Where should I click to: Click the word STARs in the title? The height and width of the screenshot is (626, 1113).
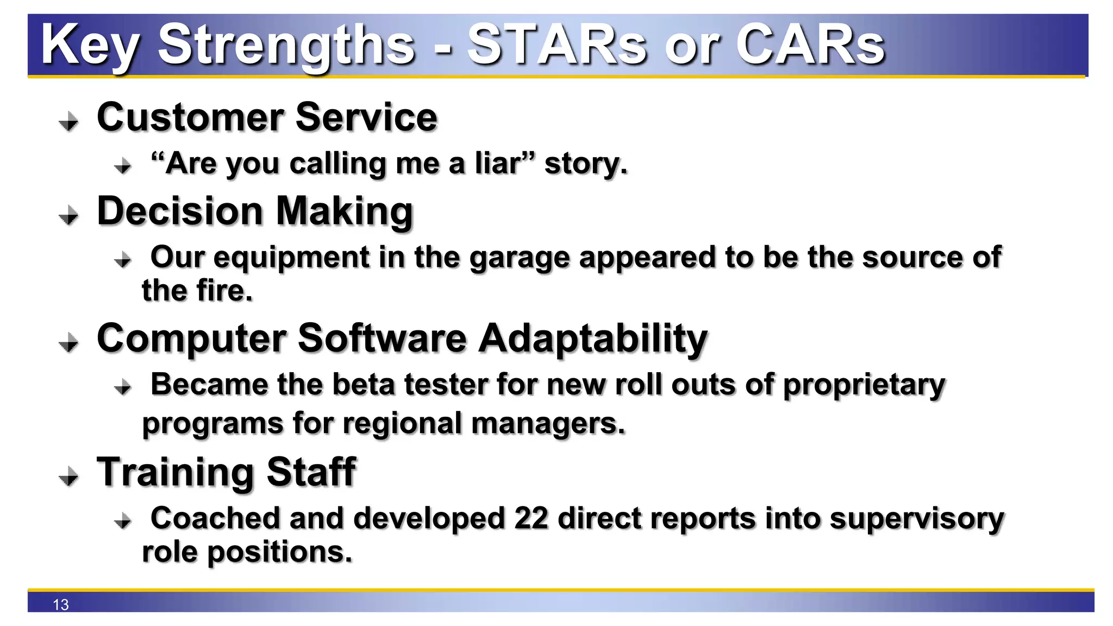[x=556, y=45]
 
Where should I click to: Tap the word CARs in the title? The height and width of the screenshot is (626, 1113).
[x=810, y=45]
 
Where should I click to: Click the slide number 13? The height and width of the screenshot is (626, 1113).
[x=61, y=604]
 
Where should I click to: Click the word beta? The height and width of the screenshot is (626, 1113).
[x=363, y=384]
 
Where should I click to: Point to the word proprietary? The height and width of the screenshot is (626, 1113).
[x=864, y=385]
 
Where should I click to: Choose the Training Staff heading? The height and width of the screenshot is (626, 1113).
[x=226, y=472]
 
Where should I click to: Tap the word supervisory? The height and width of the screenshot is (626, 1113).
[x=917, y=519]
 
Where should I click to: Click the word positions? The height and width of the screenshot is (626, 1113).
[x=279, y=552]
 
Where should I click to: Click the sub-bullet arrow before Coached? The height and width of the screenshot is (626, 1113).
[x=123, y=521]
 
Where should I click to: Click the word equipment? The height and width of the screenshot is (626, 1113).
[x=291, y=258]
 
